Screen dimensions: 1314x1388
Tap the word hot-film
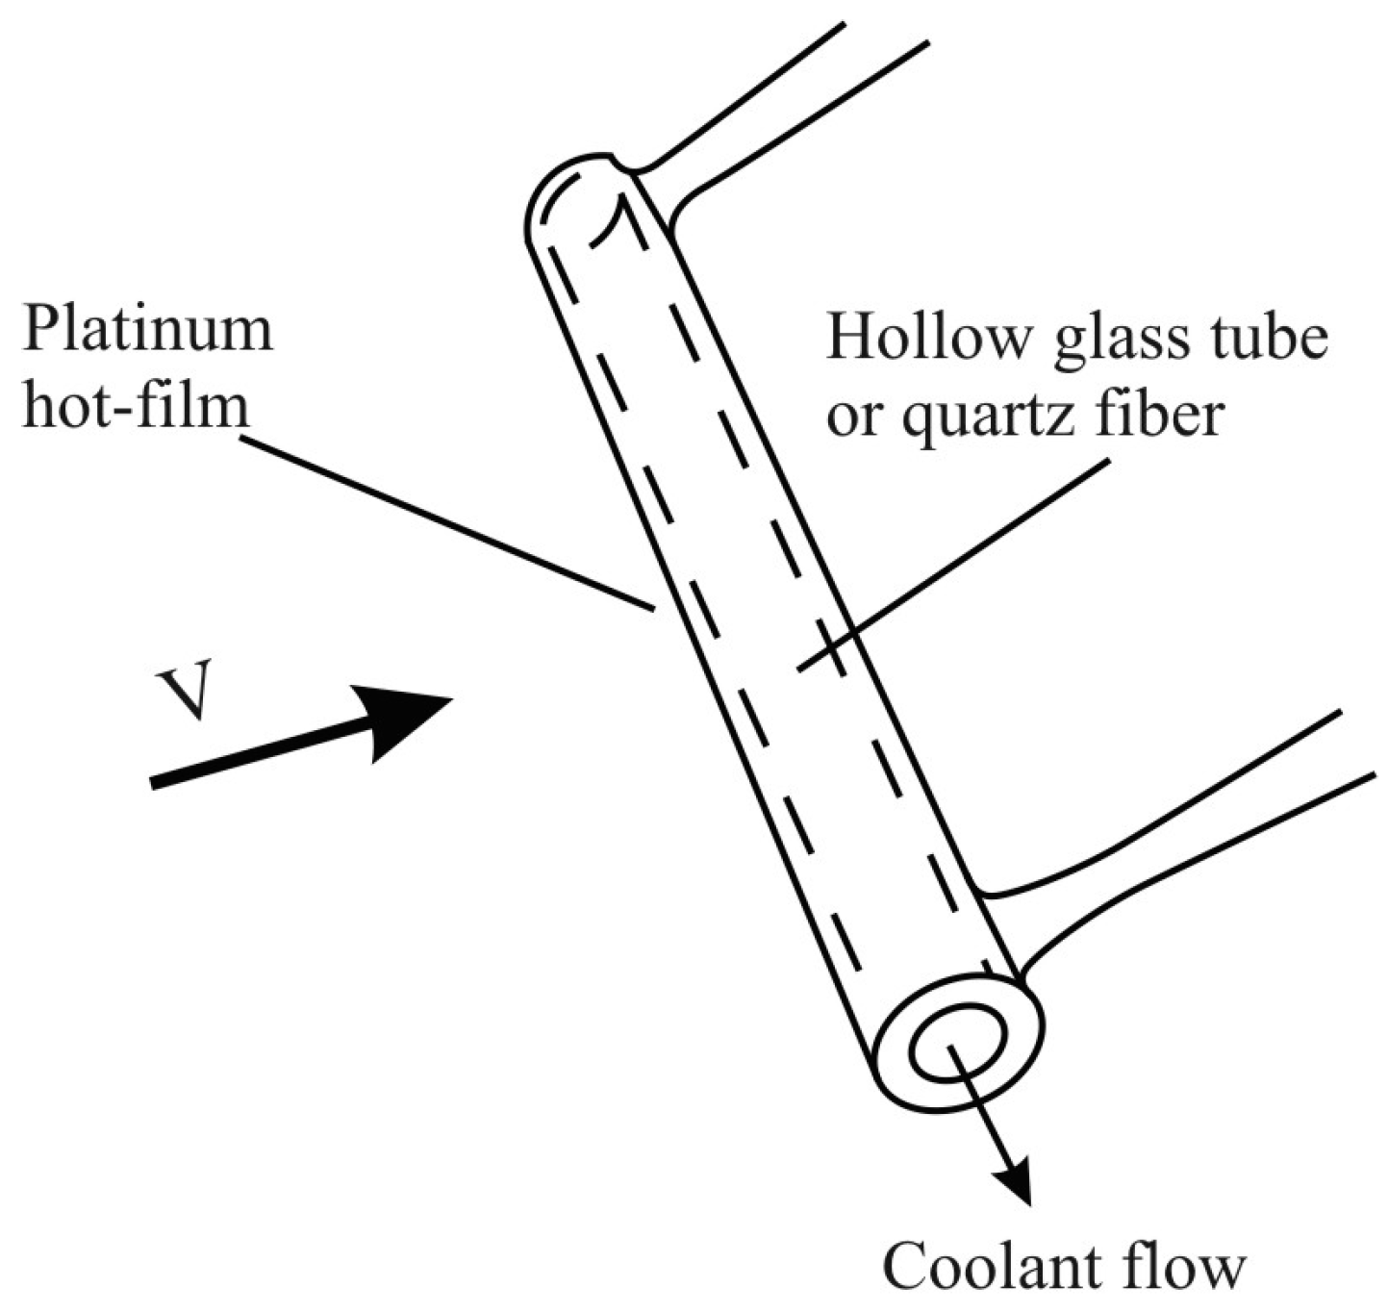[135, 407]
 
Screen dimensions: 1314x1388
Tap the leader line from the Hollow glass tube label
[952, 564]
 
